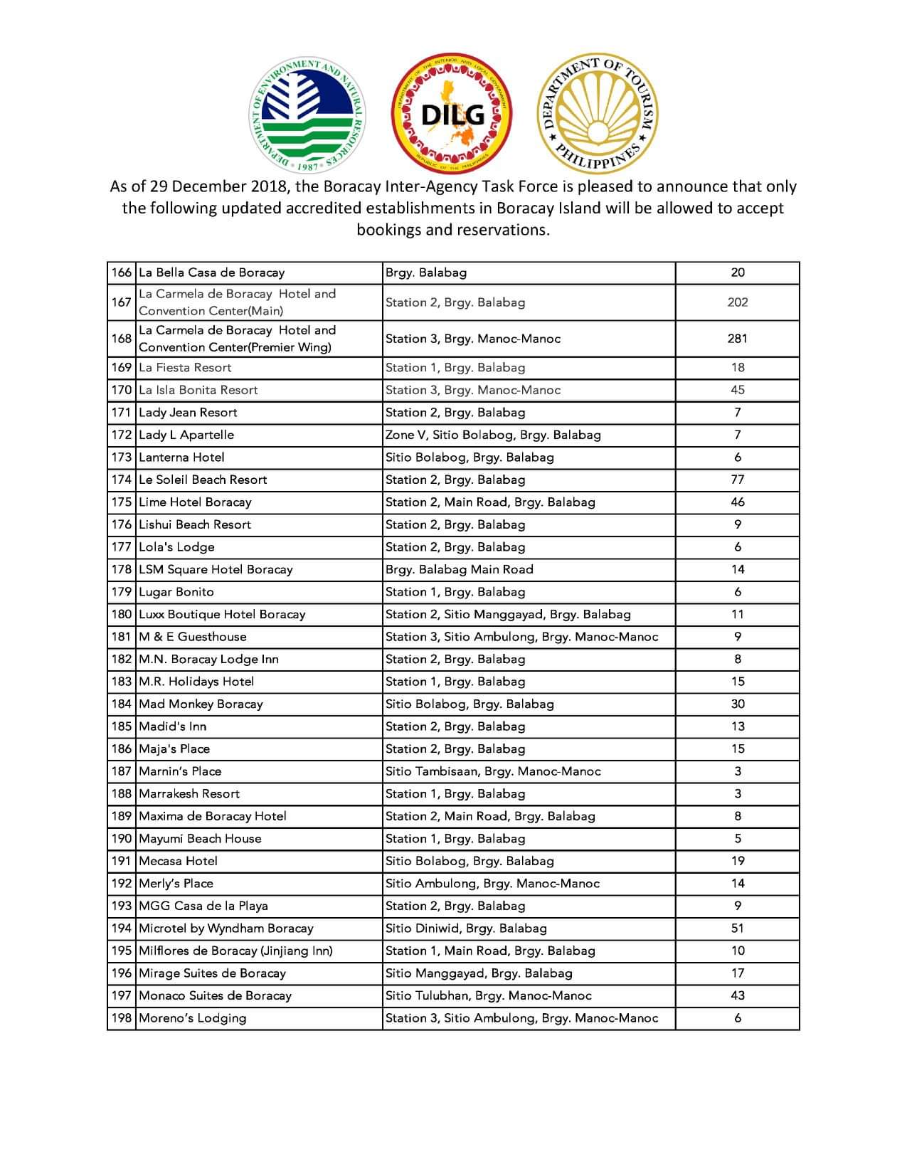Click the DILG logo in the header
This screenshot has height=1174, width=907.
click(x=452, y=114)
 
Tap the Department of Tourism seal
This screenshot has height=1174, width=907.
click(x=598, y=114)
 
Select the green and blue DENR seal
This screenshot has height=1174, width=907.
click(x=308, y=114)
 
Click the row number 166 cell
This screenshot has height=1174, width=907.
click(x=122, y=273)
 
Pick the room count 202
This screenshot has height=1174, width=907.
click(x=738, y=302)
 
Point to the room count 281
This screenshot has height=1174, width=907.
click(x=738, y=339)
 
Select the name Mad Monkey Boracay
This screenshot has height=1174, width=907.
click(x=201, y=704)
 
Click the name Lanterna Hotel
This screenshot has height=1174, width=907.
click(x=181, y=458)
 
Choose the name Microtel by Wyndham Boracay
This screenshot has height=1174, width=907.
click(x=226, y=929)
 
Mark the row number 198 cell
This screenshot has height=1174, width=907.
click(x=122, y=1018)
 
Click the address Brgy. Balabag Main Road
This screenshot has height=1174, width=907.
click(x=459, y=570)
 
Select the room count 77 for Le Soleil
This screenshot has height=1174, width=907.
click(x=738, y=480)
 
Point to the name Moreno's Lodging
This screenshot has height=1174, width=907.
click(x=192, y=1018)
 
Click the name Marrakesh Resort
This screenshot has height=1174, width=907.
click(x=189, y=794)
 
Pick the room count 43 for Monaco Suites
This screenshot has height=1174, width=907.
click(x=738, y=996)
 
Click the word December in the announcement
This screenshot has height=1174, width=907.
click(x=209, y=187)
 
